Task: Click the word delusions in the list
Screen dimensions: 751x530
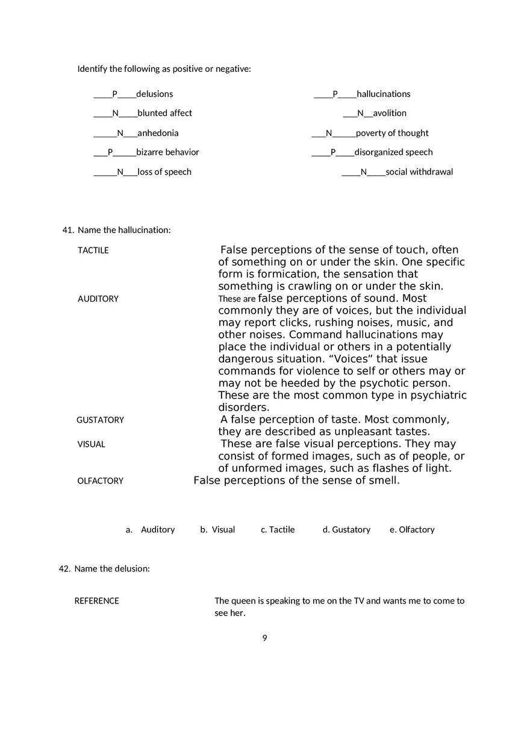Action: pos(154,94)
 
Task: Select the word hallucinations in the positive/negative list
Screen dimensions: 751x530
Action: pos(383,94)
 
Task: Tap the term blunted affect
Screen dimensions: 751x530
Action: pos(164,113)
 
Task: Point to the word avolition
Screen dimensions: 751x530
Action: pos(389,113)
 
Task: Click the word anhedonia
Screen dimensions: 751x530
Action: pos(158,133)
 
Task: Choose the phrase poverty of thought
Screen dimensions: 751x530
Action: pos(392,133)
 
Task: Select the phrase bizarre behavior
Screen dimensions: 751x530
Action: pos(167,152)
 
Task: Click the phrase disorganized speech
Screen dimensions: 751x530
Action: pos(393,152)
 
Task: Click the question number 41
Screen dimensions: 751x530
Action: pos(67,230)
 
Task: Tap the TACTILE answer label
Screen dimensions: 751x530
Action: pos(93,251)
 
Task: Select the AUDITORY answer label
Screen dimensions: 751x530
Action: pos(98,299)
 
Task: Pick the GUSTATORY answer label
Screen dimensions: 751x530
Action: pos(100,420)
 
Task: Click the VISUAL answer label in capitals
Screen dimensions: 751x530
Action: pos(91,444)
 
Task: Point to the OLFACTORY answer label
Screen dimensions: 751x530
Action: pos(100,481)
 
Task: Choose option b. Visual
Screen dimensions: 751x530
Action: pos(217,530)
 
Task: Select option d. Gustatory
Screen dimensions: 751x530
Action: pos(346,530)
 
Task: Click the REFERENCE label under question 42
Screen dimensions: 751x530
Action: pos(96,601)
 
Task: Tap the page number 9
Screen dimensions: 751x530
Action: pos(264,638)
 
